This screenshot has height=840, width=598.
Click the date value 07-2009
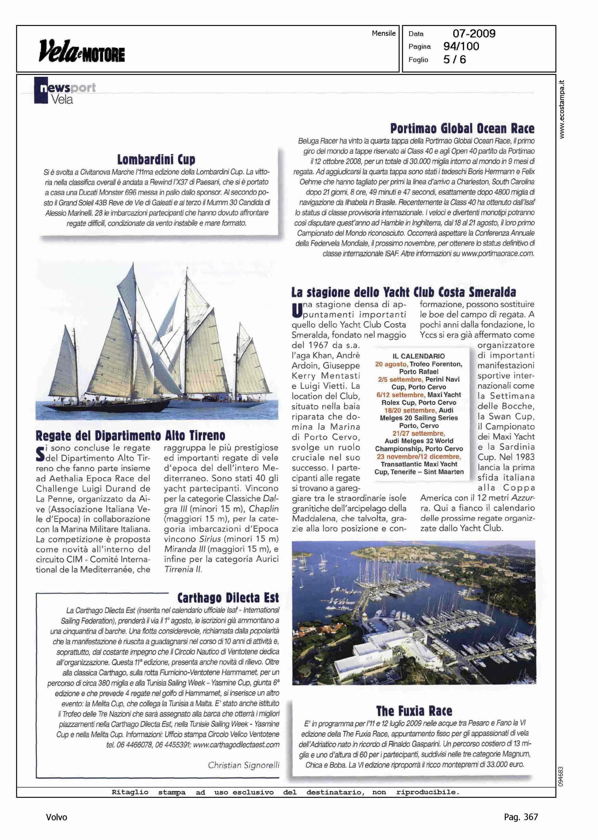coord(473,34)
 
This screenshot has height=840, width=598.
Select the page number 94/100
coord(461,47)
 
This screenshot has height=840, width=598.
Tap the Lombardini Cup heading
coord(156,160)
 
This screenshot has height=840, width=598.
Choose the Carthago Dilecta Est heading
coord(228,597)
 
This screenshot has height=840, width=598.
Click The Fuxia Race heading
coord(414,711)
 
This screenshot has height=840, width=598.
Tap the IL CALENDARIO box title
coord(419,356)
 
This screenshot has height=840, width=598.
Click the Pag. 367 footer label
coord(521,817)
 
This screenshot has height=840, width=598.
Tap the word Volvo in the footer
coord(57,817)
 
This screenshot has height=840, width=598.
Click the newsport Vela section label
coord(64,93)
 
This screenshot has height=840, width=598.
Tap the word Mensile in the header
coord(383,33)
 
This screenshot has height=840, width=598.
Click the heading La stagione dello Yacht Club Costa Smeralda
coord(403,292)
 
